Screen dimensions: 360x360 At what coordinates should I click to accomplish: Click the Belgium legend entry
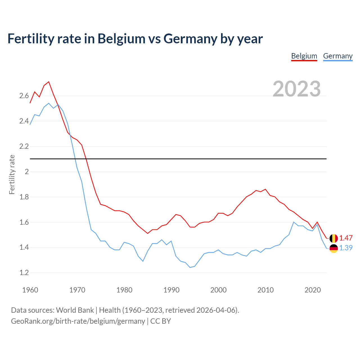(304, 56)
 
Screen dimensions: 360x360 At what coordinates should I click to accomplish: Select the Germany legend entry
(338, 56)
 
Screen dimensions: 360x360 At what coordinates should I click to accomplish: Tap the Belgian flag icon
(334, 238)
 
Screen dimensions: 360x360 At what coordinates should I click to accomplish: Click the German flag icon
(334, 248)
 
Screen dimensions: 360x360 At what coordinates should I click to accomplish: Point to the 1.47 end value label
(346, 238)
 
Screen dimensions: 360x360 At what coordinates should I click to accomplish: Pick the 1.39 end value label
(346, 248)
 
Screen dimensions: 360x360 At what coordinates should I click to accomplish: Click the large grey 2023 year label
(297, 89)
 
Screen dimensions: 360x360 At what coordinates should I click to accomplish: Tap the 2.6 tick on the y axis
(24, 96)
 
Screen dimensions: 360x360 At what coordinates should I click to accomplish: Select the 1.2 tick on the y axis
(24, 273)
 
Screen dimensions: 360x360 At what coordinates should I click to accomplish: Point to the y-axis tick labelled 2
(27, 172)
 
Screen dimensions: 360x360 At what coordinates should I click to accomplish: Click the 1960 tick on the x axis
(30, 290)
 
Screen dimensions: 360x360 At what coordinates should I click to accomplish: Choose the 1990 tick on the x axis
(171, 290)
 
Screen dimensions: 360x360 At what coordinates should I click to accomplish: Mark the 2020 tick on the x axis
(312, 290)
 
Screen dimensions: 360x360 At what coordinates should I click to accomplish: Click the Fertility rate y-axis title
(12, 174)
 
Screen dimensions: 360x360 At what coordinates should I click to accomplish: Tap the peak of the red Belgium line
(49, 82)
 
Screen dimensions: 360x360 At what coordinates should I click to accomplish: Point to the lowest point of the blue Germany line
(190, 267)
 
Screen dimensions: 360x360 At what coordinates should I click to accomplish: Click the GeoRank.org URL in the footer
(78, 321)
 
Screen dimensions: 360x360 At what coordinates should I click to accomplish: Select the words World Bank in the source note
(75, 310)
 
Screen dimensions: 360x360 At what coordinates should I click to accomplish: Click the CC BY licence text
(161, 321)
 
